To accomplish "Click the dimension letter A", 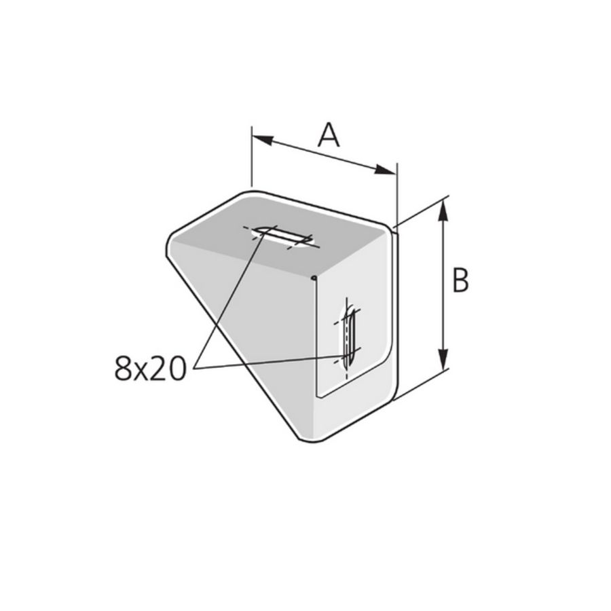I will (329, 134).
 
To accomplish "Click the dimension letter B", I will (460, 280).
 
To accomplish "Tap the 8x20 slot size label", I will (150, 368).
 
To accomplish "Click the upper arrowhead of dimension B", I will (443, 210).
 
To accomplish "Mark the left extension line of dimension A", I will (252, 156).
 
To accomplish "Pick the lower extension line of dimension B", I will (422, 385).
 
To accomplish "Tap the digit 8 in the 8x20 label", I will (122, 368).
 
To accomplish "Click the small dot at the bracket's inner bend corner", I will (314, 277).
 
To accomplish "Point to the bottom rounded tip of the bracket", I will (310, 438).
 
